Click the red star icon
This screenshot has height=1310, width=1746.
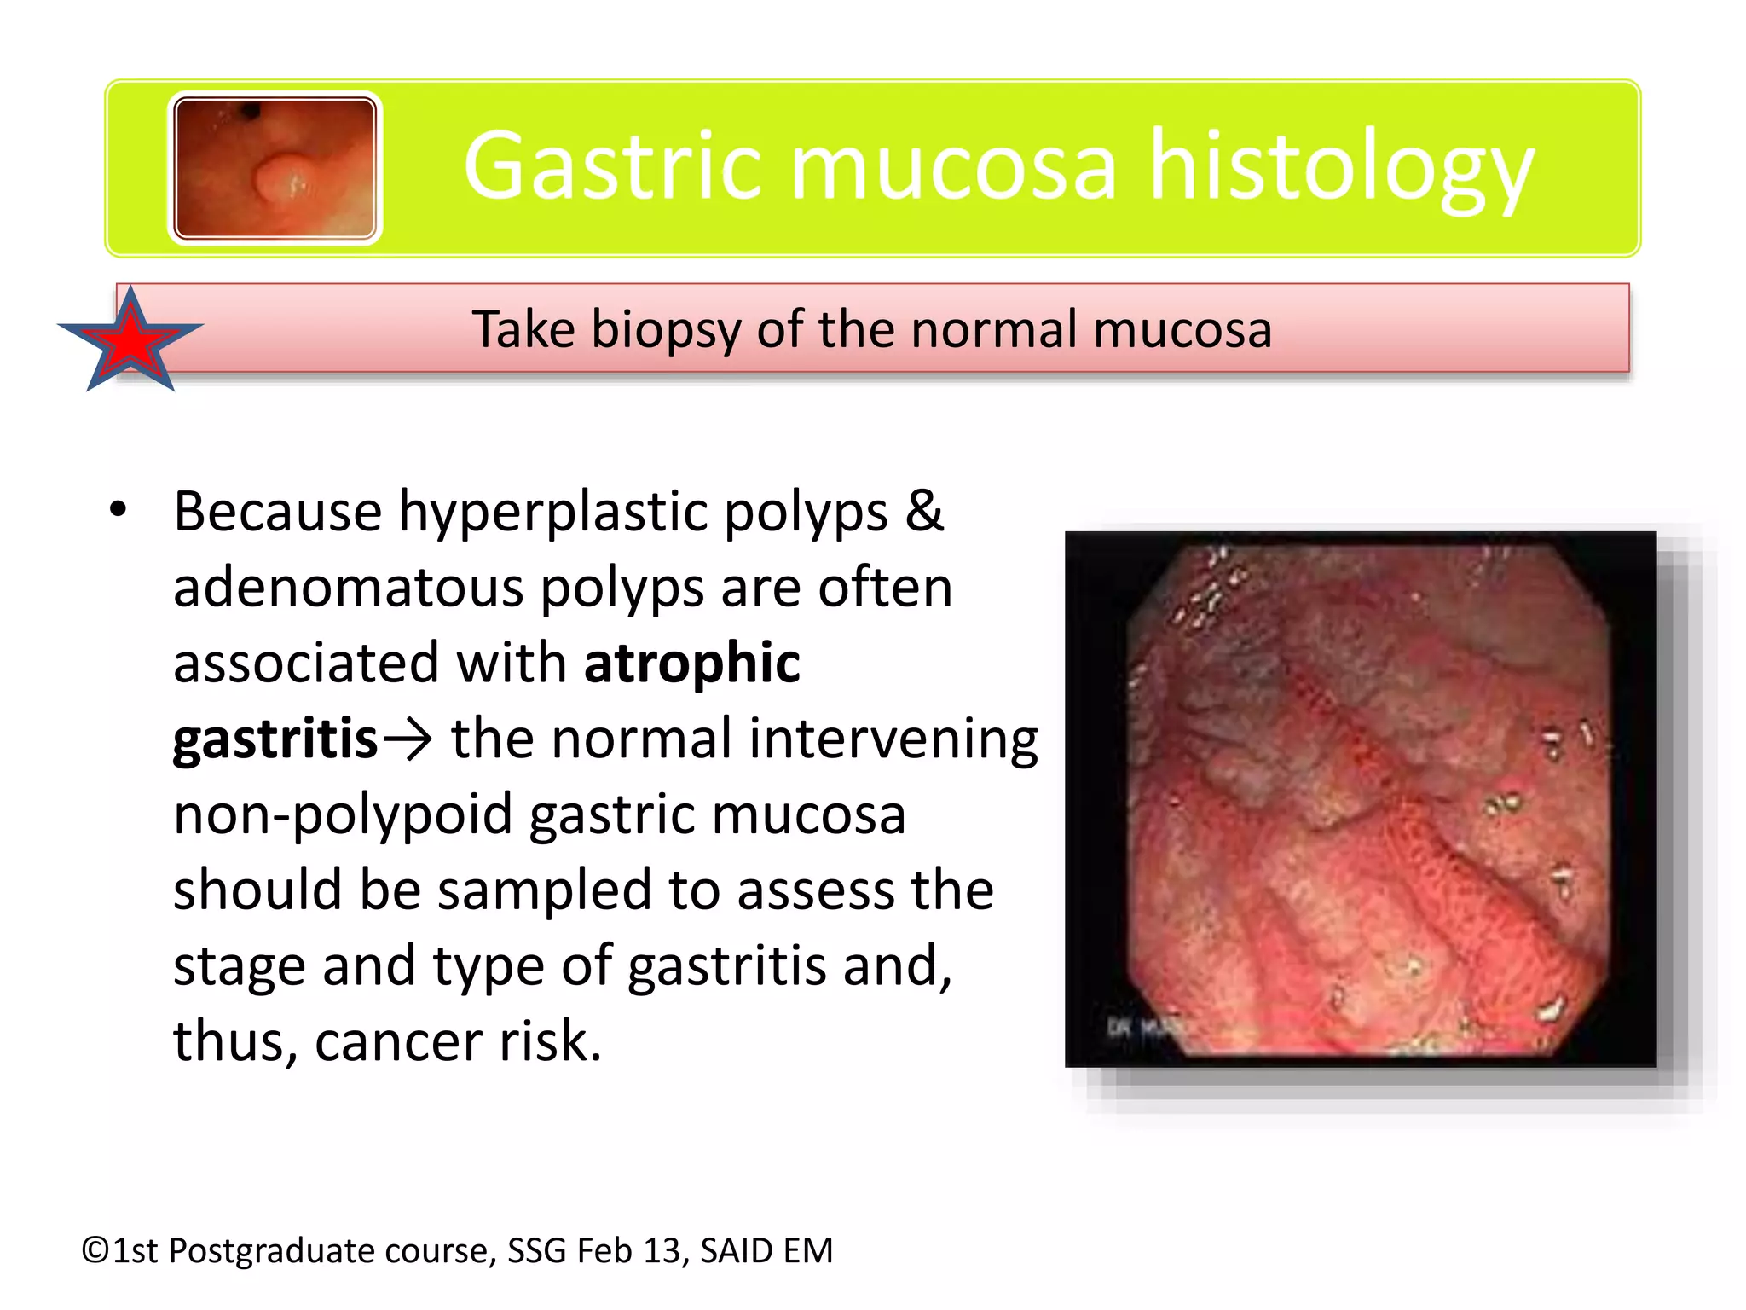pos(130,341)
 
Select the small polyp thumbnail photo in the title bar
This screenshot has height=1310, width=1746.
pos(275,168)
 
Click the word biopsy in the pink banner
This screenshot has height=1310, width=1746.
pos(665,330)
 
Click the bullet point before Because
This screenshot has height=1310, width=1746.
pos(118,511)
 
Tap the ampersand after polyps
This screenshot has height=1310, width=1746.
pos(924,511)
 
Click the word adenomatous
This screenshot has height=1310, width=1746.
pos(349,588)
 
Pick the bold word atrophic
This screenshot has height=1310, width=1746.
pos(691,664)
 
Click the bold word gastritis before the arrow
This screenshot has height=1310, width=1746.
pos(275,739)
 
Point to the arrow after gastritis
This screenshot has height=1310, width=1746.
pos(408,739)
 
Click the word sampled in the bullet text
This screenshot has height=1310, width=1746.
pos(544,890)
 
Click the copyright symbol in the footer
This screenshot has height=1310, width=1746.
pos(95,1251)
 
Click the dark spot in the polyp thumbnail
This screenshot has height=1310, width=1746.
pos(251,110)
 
